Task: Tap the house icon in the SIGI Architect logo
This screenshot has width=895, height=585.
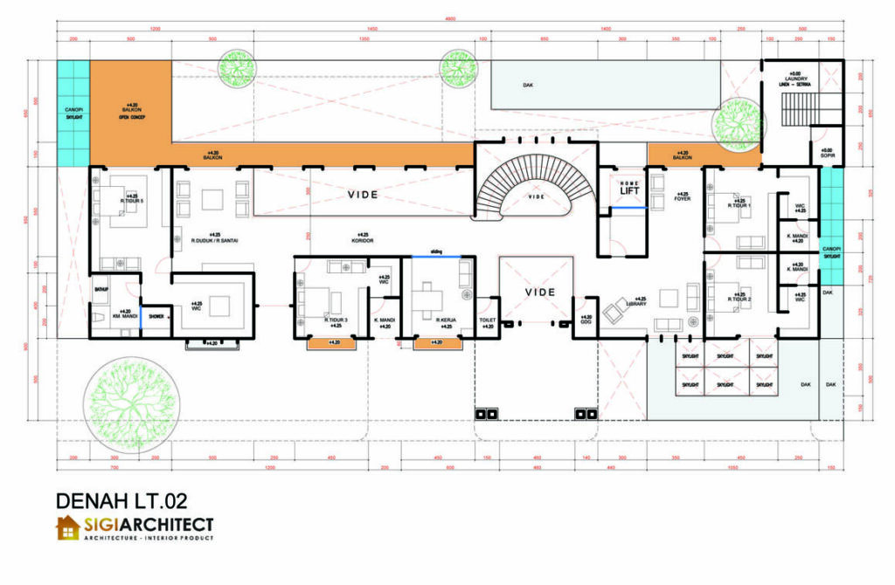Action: pyautogui.click(x=68, y=528)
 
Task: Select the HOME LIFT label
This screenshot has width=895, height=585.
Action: pyautogui.click(x=630, y=188)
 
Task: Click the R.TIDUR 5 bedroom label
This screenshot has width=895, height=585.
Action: pyautogui.click(x=132, y=201)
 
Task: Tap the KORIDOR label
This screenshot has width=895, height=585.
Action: pyautogui.click(x=361, y=240)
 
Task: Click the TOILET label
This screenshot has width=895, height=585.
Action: pyautogui.click(x=488, y=320)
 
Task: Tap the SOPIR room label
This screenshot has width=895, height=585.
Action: pyautogui.click(x=826, y=155)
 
